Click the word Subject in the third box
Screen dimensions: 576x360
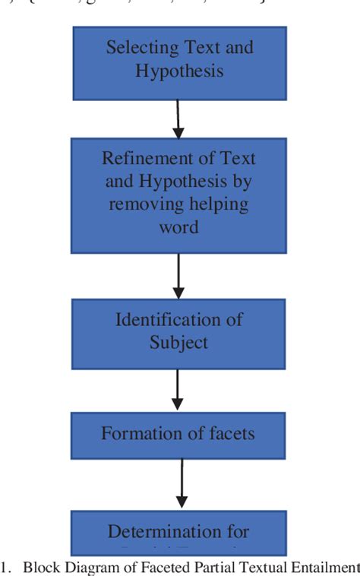click(179, 343)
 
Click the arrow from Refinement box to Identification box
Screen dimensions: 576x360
click(179, 275)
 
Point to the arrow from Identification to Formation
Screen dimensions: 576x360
click(178, 389)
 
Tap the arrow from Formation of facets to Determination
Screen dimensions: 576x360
click(182, 483)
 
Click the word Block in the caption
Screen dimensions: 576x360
click(39, 567)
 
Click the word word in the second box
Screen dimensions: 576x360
click(179, 228)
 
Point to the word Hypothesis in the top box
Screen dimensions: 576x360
click(179, 71)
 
